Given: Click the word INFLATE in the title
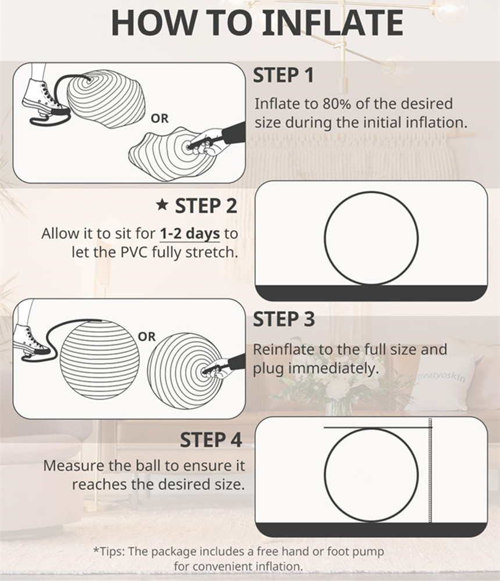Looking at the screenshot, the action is [334, 23].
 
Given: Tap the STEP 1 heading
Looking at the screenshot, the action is [284, 75].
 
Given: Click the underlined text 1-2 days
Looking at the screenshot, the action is [190, 234].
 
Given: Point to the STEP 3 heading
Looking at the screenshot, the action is [284, 319].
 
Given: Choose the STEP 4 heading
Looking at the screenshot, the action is [210, 440].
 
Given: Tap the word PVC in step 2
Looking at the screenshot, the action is [134, 252].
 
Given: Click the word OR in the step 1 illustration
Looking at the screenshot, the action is [159, 119].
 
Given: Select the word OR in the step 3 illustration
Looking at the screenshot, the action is [147, 336].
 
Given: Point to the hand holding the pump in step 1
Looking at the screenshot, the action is [206, 143].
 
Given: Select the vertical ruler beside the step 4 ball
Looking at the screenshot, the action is [430, 470].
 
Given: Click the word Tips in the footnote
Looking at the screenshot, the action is [110, 551].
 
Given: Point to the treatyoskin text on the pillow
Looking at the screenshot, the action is [441, 376].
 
